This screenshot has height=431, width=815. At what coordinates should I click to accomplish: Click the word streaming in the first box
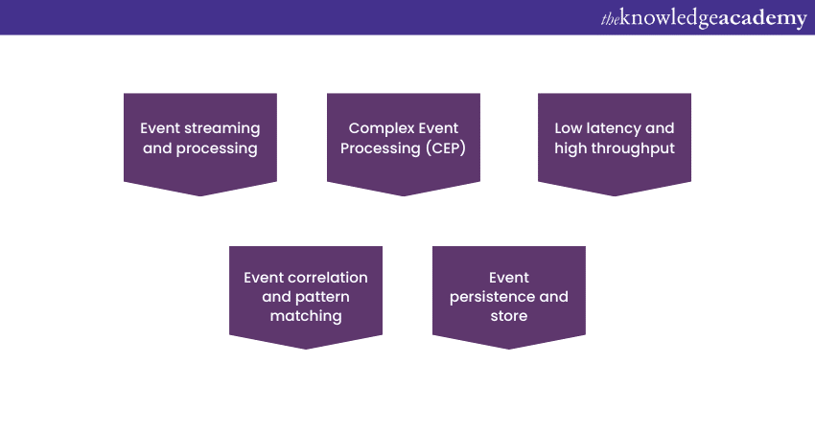click(222, 128)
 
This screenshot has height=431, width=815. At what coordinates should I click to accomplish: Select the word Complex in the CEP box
click(377, 128)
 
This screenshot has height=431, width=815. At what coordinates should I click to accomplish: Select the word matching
click(306, 316)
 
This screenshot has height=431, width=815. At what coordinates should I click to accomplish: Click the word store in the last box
click(509, 316)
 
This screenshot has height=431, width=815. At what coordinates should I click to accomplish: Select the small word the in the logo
click(610, 17)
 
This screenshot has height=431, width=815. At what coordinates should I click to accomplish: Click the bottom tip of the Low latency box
click(615, 194)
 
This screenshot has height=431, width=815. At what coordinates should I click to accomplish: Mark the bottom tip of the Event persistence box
click(509, 348)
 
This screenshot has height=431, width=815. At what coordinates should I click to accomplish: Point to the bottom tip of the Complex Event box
click(404, 194)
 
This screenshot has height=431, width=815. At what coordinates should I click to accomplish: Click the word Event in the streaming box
click(162, 128)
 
